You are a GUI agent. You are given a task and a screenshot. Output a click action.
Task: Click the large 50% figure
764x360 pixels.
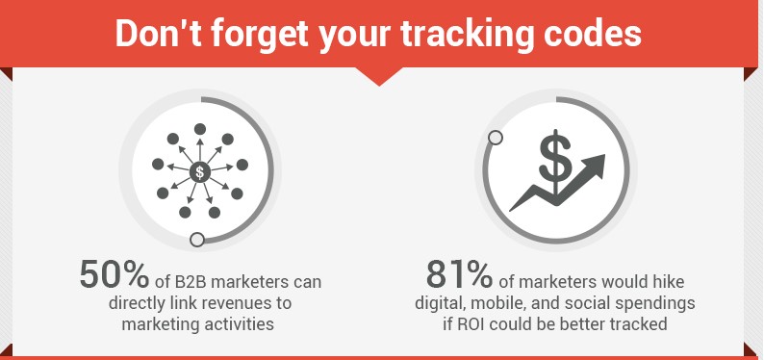(114, 275)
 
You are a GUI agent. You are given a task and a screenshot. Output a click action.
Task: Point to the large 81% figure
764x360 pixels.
(461, 275)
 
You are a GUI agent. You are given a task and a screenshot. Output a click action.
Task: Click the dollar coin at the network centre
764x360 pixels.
(199, 172)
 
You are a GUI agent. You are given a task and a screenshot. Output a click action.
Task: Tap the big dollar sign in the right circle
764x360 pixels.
(554, 159)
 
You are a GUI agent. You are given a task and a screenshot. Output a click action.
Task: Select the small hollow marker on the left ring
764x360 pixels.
(197, 240)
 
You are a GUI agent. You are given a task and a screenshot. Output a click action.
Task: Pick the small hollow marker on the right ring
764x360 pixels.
(496, 138)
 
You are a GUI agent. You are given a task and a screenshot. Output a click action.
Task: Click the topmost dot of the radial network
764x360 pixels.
(200, 129)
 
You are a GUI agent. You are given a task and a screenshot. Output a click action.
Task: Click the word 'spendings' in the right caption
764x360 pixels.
(661, 303)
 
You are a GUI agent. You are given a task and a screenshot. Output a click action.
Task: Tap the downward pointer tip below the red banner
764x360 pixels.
(381, 84)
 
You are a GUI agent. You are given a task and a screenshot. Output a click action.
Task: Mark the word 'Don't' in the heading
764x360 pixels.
(153, 32)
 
